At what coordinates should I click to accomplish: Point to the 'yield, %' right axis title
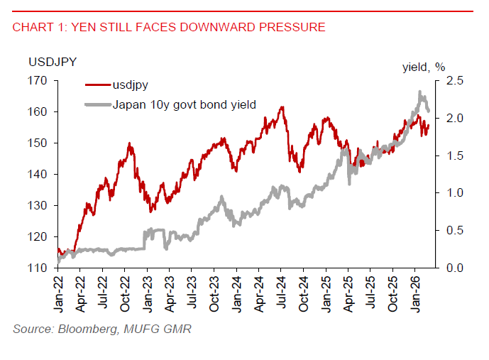424,67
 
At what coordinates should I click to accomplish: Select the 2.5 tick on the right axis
448,81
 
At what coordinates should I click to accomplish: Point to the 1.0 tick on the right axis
448,193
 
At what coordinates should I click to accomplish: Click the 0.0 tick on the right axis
448,268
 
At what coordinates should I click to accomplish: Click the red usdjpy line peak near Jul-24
282,107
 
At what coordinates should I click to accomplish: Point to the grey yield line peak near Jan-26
420,92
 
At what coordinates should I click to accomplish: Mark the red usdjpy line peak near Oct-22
130,143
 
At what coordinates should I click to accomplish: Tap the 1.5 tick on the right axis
448,156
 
